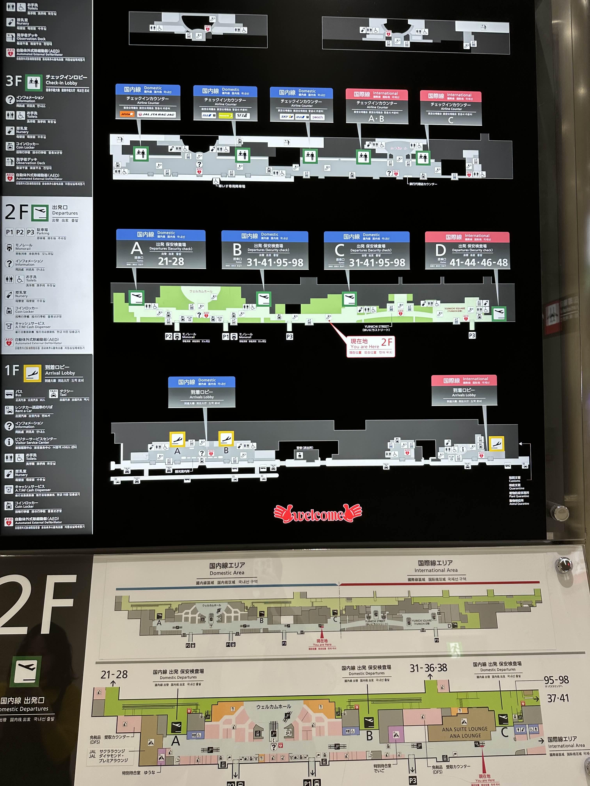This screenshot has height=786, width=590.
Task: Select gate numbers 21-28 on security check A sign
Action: pyautogui.click(x=171, y=262)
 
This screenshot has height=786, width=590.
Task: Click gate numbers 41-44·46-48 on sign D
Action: pyautogui.click(x=478, y=263)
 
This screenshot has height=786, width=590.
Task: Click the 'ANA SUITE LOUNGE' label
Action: pyautogui.click(x=465, y=729)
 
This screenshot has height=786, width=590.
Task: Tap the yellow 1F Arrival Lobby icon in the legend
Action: pyautogui.click(x=32, y=373)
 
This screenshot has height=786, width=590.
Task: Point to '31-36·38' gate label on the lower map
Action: pyautogui.click(x=428, y=668)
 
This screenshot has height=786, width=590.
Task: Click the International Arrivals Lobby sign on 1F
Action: pyautogui.click(x=464, y=390)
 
